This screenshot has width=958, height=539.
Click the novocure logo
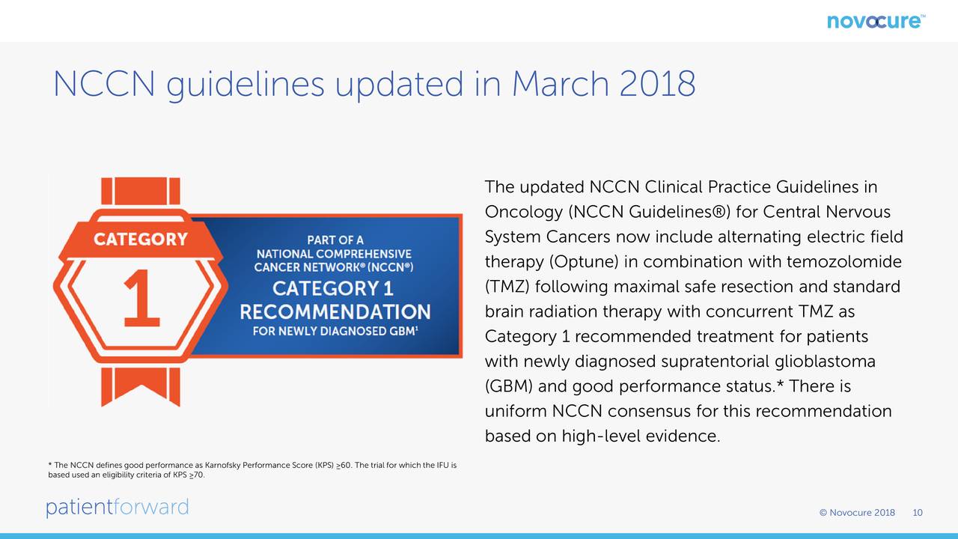click(876, 22)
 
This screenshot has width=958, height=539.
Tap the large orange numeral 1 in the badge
click(141, 298)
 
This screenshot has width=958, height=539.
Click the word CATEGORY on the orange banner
click(141, 239)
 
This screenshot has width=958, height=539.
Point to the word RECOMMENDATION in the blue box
click(335, 312)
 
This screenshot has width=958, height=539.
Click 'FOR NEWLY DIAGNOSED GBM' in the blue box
click(335, 331)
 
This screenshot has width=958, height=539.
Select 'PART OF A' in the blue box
click(335, 240)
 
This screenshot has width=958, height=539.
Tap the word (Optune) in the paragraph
click(584, 262)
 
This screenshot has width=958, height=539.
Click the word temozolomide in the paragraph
click(843, 261)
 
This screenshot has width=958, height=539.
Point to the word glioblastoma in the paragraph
click(825, 362)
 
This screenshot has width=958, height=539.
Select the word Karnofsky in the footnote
click(222, 465)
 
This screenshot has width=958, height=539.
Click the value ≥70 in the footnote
click(196, 475)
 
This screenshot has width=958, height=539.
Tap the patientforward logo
click(118, 508)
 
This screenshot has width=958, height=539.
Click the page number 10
click(918, 513)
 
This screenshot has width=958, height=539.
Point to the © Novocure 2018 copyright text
click(857, 513)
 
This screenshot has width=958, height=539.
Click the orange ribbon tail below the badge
click(141, 386)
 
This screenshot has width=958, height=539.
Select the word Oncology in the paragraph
click(523, 212)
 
